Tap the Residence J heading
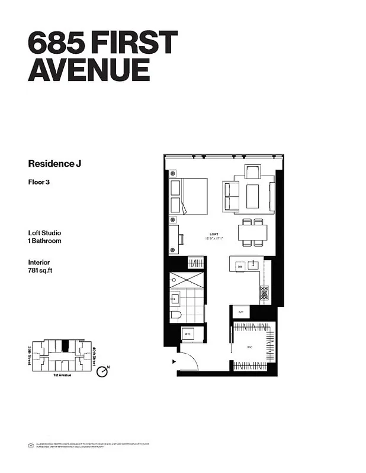[x=54, y=163]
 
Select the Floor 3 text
[x=38, y=182]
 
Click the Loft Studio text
[x=44, y=232]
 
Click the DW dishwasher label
[x=240, y=267]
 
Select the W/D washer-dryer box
[x=188, y=334]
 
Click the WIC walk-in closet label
[x=250, y=348]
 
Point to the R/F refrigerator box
[x=241, y=311]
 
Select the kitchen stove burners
[x=264, y=292]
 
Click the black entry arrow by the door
[x=174, y=359]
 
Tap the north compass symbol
[x=103, y=371]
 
